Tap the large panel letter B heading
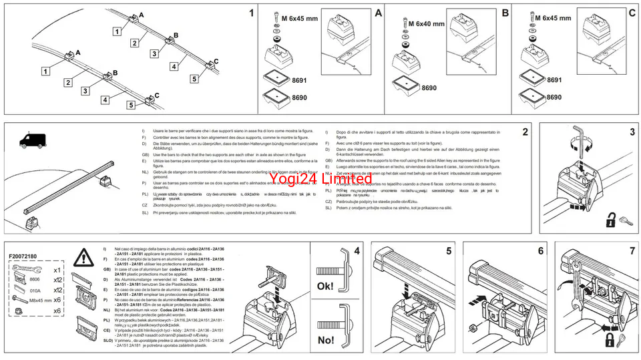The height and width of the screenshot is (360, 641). point(505,13)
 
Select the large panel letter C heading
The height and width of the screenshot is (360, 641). point(631,13)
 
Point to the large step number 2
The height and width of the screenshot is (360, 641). point(525,132)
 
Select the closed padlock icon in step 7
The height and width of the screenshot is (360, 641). point(610,343)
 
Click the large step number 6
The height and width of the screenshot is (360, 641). point(540,252)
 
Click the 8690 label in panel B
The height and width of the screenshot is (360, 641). point(429,87)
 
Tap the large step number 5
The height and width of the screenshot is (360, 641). point(449,252)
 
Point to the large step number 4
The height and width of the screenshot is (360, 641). point(357,252)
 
